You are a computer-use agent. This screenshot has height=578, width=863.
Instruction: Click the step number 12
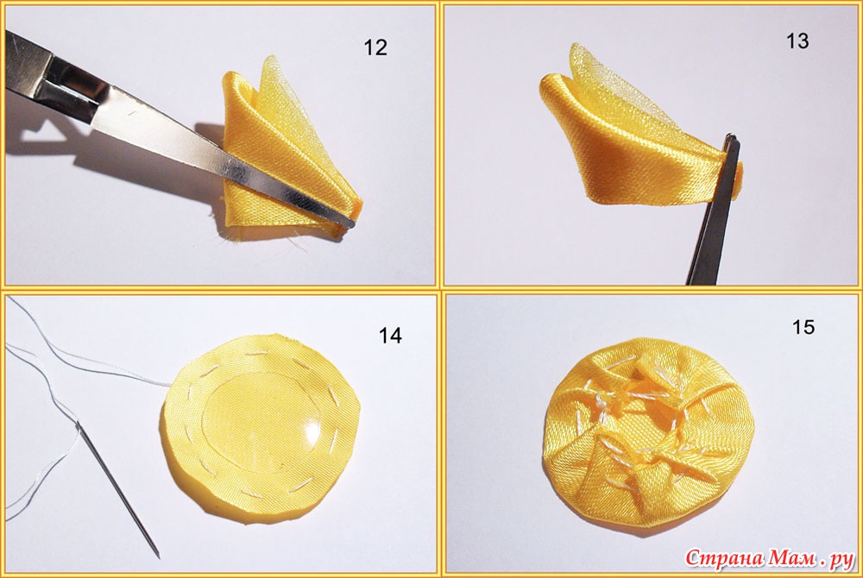(x=375, y=47)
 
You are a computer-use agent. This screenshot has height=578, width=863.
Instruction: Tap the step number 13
(x=797, y=41)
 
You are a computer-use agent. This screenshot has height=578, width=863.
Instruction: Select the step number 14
(x=390, y=336)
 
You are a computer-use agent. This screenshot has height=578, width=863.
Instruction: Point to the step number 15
(x=803, y=327)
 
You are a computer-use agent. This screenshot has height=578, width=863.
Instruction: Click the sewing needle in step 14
(x=117, y=489)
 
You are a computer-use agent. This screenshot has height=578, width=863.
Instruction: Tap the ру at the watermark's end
(x=841, y=561)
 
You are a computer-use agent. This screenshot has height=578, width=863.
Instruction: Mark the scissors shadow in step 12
(x=110, y=148)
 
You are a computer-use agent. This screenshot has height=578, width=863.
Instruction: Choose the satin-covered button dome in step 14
(x=262, y=429)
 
